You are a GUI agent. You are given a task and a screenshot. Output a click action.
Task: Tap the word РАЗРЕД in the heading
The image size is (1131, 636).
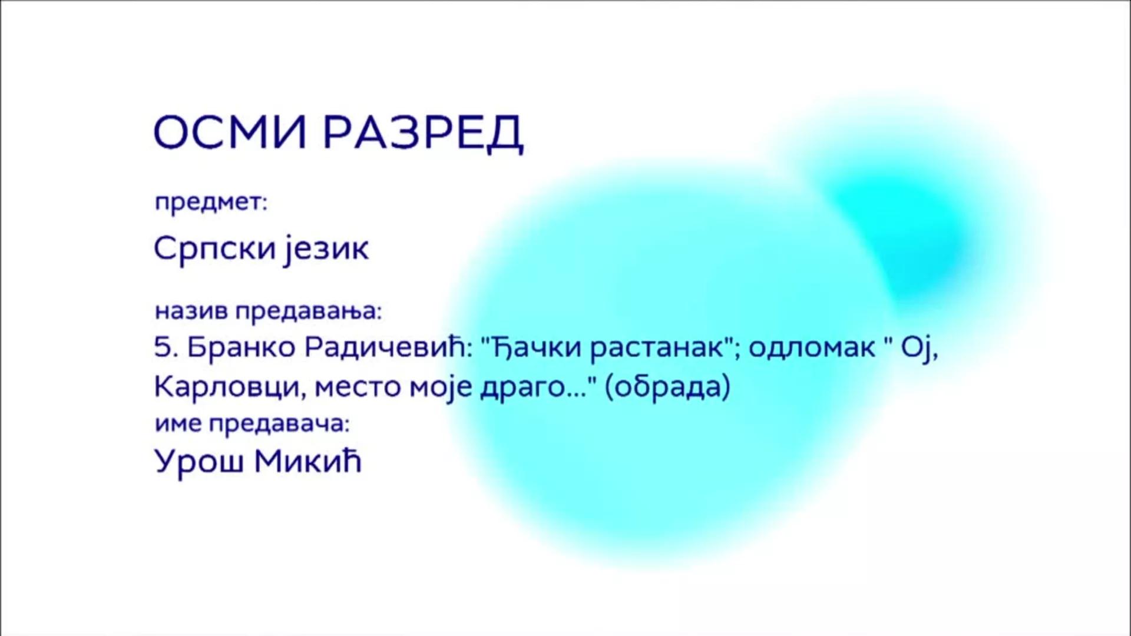pyautogui.click(x=424, y=133)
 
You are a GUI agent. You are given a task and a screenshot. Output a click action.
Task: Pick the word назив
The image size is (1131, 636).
pyautogui.click(x=191, y=311)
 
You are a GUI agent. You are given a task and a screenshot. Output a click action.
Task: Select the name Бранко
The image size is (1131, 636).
pyautogui.click(x=242, y=347)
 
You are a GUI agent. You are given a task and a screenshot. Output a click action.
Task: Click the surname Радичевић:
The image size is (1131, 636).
pyautogui.click(x=389, y=347)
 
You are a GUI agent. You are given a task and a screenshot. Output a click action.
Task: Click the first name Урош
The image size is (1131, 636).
pyautogui.click(x=199, y=461)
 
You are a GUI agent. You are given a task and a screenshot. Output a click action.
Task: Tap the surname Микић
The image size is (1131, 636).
pyautogui.click(x=307, y=461)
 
